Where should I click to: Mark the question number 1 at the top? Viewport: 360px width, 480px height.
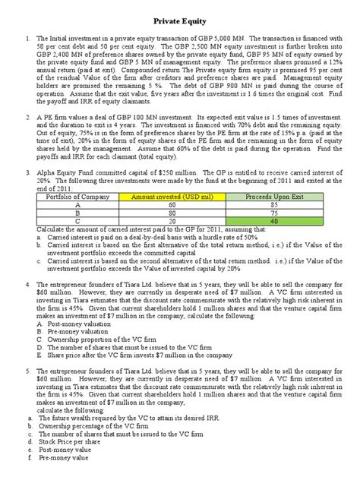pos(27,38)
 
